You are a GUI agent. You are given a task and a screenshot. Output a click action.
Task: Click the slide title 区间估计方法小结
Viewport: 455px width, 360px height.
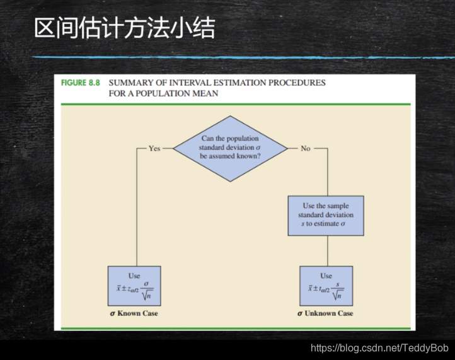click(124, 28)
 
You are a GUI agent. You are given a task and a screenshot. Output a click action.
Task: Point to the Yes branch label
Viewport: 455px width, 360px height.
click(154, 148)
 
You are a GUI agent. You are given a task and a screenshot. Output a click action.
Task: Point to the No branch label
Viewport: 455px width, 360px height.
click(306, 148)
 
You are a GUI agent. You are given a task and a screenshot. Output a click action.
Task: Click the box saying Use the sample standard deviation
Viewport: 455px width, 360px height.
click(326, 215)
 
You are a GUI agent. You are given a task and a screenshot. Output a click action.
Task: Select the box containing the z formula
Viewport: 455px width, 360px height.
click(134, 286)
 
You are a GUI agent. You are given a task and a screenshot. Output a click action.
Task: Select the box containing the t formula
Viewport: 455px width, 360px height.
click(326, 286)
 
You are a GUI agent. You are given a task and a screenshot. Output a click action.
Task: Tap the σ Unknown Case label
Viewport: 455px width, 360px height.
click(326, 313)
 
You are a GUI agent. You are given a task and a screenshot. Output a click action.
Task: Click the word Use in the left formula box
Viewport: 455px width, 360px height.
click(134, 276)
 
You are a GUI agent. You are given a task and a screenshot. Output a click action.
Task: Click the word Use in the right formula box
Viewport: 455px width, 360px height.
click(326, 276)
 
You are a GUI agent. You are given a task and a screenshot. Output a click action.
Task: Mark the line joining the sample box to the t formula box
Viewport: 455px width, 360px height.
click(326, 251)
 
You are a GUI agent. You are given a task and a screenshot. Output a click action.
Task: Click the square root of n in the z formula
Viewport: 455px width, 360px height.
click(147, 293)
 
